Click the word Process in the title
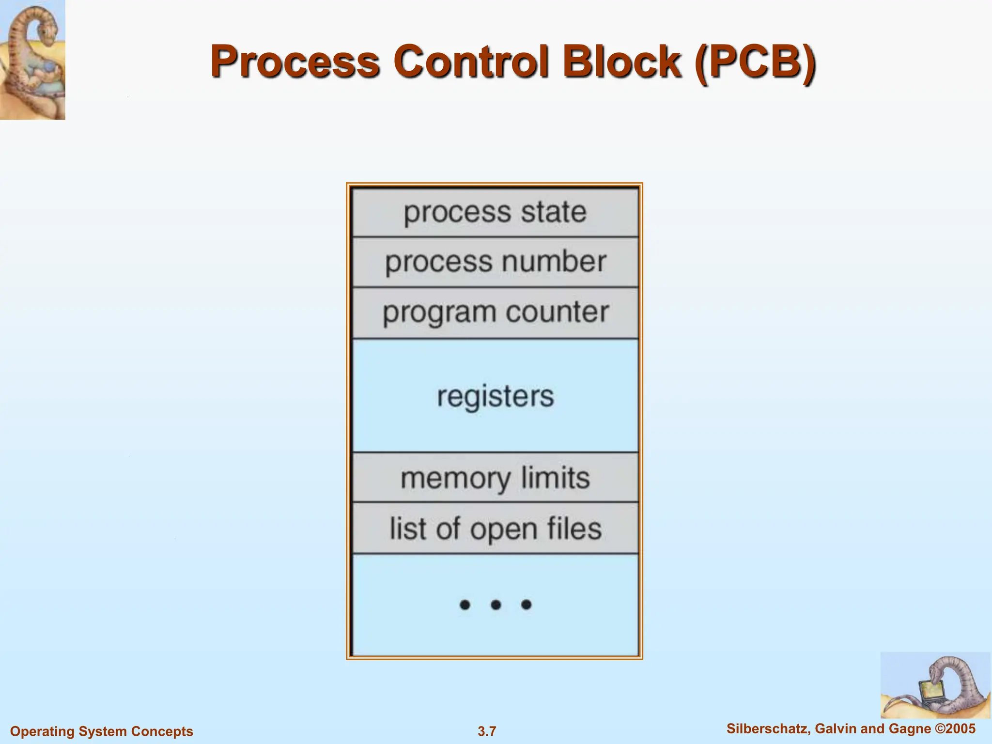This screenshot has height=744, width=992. pyautogui.click(x=294, y=62)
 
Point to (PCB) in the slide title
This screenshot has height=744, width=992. pyautogui.click(x=755, y=62)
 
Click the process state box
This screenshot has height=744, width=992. pyautogui.click(x=495, y=212)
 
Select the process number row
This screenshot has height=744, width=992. pyautogui.click(x=495, y=262)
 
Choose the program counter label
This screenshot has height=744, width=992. pyautogui.click(x=495, y=312)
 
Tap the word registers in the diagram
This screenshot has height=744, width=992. pyautogui.click(x=495, y=396)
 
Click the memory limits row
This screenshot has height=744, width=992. pyautogui.click(x=495, y=478)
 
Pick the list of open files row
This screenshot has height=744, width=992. pyautogui.click(x=495, y=528)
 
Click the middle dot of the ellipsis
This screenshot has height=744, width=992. pyautogui.click(x=496, y=604)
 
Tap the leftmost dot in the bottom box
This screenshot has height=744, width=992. pyautogui.click(x=465, y=604)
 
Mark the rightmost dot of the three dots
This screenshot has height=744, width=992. pyautogui.click(x=526, y=604)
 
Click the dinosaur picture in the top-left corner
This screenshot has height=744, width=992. pyautogui.click(x=32, y=59)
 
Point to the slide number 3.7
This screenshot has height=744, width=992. pyautogui.click(x=487, y=731)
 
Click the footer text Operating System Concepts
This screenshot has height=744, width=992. pyautogui.click(x=102, y=731)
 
